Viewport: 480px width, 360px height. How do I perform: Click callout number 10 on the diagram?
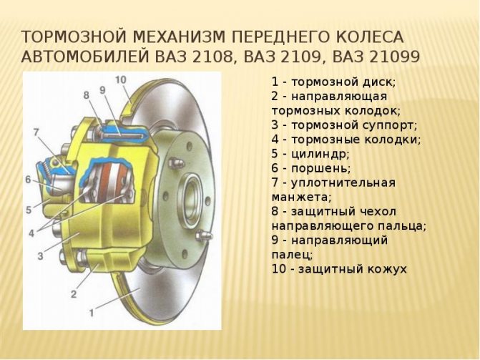click(121, 80)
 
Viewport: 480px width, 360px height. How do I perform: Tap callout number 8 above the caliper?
click(87, 95)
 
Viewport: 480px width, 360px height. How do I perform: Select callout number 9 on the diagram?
click(102, 90)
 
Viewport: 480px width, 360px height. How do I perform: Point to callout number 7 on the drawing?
click(36, 132)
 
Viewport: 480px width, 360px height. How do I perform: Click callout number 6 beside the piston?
click(28, 180)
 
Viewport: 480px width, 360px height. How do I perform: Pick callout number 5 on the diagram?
click(29, 210)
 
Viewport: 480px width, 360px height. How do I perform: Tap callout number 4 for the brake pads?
click(31, 234)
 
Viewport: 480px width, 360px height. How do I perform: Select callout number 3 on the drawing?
click(40, 256)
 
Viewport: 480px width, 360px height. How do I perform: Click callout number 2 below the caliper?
click(74, 294)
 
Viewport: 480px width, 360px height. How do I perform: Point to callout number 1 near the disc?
click(92, 313)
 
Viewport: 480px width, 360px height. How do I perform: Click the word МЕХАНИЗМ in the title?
click(178, 37)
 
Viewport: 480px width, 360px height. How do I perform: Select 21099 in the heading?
click(394, 57)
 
